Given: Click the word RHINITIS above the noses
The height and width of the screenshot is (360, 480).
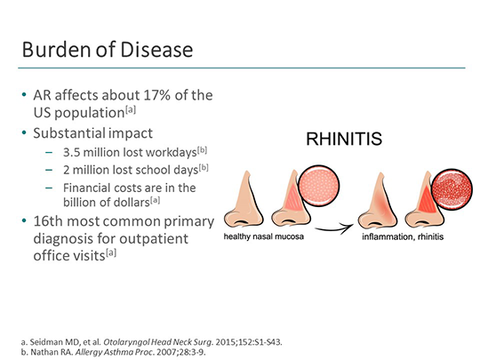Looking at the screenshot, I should [x=344, y=140].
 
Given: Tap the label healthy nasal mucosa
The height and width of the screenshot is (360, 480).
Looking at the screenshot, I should [x=265, y=237].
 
